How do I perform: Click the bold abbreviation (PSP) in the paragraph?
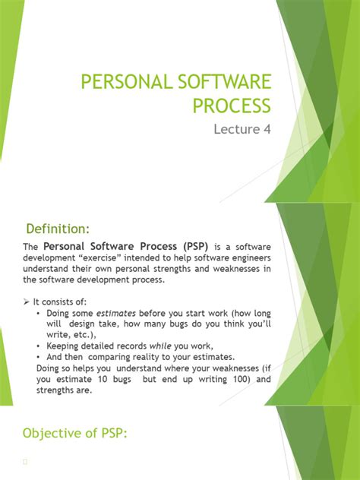click(x=192, y=248)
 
